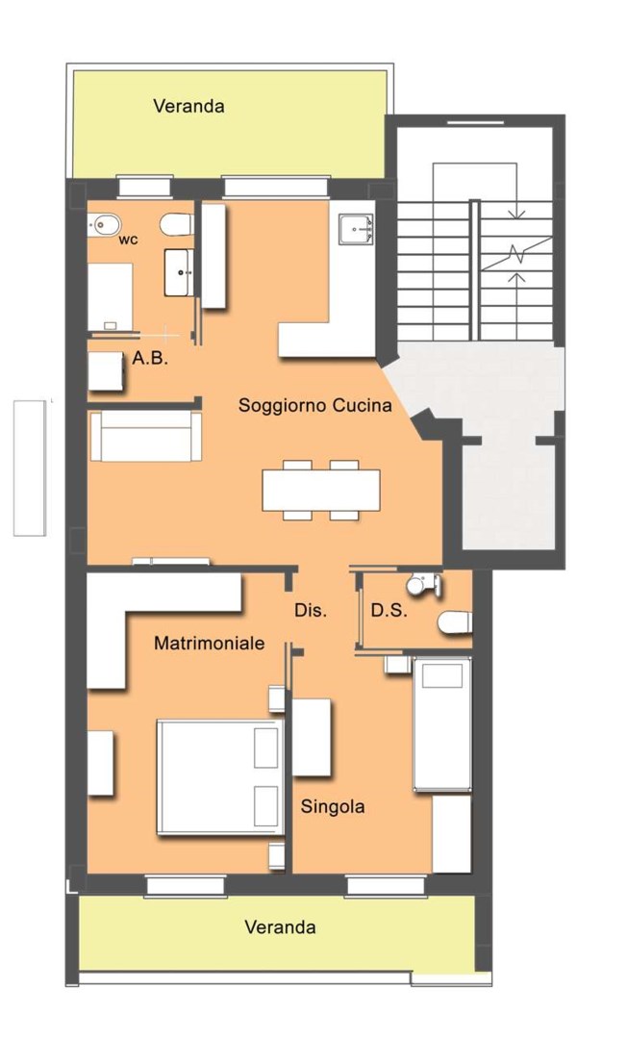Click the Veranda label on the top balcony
click(x=188, y=106)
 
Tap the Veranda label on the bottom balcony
click(x=280, y=926)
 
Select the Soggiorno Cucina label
click(x=315, y=405)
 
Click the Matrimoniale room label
click(x=210, y=643)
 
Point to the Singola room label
click(x=333, y=806)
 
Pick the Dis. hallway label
click(x=311, y=610)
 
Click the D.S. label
click(x=389, y=610)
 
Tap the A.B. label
click(x=150, y=359)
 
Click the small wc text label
click(x=129, y=240)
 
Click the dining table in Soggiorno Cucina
click(x=321, y=490)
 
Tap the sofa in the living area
click(x=145, y=436)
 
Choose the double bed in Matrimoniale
click(x=220, y=776)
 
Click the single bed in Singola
click(x=442, y=724)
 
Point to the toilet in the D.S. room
click(x=455, y=622)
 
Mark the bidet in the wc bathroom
click(x=101, y=224)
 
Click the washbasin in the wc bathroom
click(x=179, y=272)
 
